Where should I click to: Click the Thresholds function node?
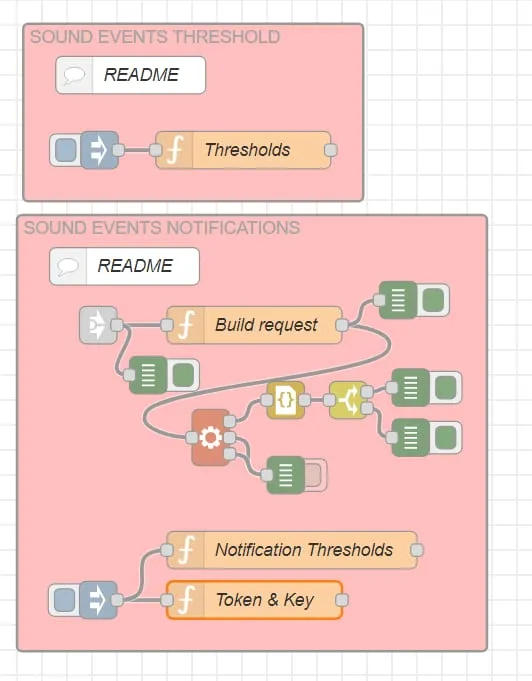click(x=243, y=150)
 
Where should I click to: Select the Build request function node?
click(x=254, y=325)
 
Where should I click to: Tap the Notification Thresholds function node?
click(x=292, y=550)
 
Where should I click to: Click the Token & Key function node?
click(x=254, y=600)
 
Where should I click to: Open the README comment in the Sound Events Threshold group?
click(x=131, y=75)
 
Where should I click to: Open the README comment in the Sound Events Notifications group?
click(x=125, y=266)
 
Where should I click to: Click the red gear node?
click(x=211, y=437)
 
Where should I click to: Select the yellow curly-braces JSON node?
click(x=285, y=400)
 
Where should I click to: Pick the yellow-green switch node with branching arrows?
click(x=348, y=400)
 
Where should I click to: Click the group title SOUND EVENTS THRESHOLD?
click(x=155, y=37)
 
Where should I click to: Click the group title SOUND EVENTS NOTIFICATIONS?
click(x=162, y=228)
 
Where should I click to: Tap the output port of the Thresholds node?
click(x=331, y=150)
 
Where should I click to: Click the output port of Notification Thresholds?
click(x=417, y=550)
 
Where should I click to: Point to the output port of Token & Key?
click(x=342, y=600)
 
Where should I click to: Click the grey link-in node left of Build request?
click(x=99, y=325)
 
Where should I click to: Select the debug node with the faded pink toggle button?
click(x=297, y=475)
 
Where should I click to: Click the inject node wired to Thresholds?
click(x=84, y=150)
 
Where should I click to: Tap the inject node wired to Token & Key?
click(x=83, y=600)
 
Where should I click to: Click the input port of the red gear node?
click(x=192, y=437)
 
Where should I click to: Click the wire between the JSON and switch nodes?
click(x=317, y=400)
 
